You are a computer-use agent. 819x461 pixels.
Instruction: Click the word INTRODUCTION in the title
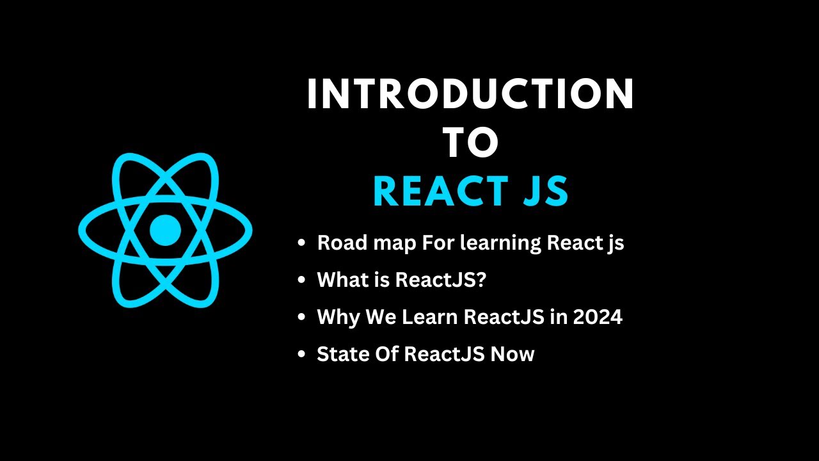coord(470,95)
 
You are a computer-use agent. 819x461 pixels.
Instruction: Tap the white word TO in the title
coord(471,143)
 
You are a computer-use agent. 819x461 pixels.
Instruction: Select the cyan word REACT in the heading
coord(436,191)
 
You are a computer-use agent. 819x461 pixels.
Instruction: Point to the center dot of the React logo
coord(165,230)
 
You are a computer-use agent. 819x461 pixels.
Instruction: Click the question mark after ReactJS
coord(481,280)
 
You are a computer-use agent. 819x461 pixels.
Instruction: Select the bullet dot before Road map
coord(301,244)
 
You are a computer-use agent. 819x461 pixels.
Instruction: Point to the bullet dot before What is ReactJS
coord(301,281)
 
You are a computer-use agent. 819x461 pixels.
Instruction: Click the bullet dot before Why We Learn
coord(301,318)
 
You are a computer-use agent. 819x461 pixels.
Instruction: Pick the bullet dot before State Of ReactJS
coord(301,355)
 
